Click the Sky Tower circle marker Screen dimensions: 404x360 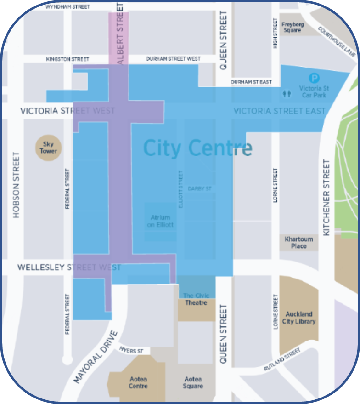coord(48,147)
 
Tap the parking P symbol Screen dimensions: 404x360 coord(315,78)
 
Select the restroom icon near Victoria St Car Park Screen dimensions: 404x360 coord(287,93)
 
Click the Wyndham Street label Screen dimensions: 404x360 coord(68,7)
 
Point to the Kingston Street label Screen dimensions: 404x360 coord(67,59)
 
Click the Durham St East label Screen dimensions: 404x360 coord(252,82)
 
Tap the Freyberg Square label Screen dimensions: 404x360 coord(292,27)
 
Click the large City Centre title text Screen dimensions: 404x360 coord(197,148)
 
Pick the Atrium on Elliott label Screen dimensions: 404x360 coord(160,221)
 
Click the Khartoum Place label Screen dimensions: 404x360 coord(298,243)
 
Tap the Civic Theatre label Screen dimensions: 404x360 coord(196,299)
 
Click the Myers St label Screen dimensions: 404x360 coord(131,351)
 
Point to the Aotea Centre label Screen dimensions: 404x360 coord(138,382)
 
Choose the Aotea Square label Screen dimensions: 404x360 coord(193,382)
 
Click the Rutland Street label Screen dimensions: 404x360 coord(282,360)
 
